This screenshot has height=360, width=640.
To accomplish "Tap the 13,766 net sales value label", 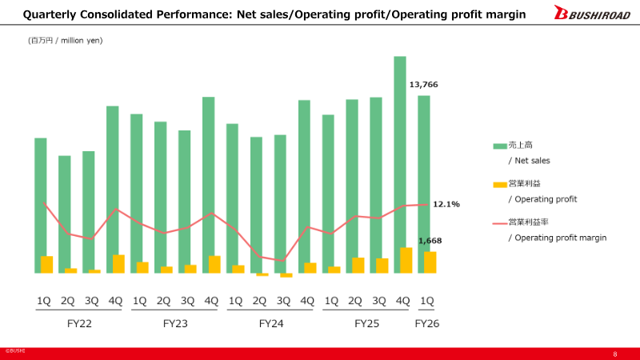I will point(423,84).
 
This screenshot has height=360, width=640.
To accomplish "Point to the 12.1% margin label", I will point(446,204).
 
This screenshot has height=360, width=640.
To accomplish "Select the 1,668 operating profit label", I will point(430,240).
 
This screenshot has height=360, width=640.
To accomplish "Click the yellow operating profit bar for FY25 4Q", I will point(406,261).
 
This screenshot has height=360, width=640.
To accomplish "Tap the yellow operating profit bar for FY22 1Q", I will point(47,265).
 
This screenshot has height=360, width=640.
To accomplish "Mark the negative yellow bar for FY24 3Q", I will point(286,275).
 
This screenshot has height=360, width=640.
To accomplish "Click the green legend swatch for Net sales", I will point(500,146).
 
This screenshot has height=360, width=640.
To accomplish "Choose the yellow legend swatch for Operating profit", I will point(500,184).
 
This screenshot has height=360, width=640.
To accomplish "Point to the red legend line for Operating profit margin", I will point(500,222).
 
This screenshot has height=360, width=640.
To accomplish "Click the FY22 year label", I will point(79,324).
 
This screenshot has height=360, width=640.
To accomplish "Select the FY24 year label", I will point(271,324).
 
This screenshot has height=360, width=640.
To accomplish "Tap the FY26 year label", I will point(426,324).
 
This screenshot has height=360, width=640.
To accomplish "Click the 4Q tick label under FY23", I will point(211,301).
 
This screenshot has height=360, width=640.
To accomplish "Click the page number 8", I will point(614,354).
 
